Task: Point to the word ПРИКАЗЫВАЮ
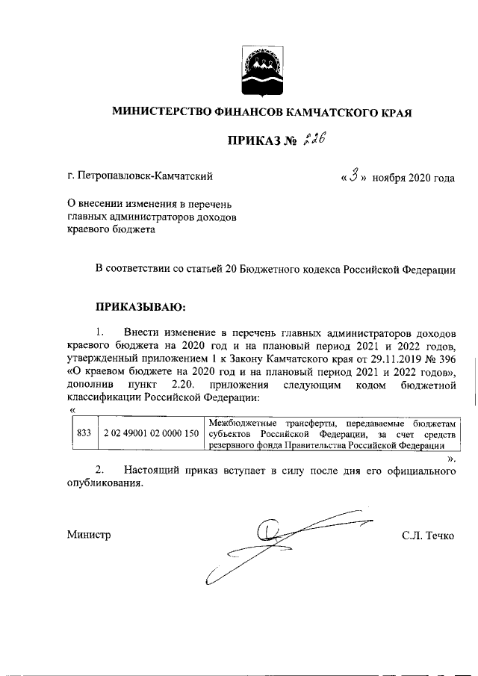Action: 140,306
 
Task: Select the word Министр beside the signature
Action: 88,535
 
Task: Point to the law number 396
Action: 447,358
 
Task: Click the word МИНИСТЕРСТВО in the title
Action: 161,112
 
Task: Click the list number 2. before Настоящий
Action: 100,471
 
